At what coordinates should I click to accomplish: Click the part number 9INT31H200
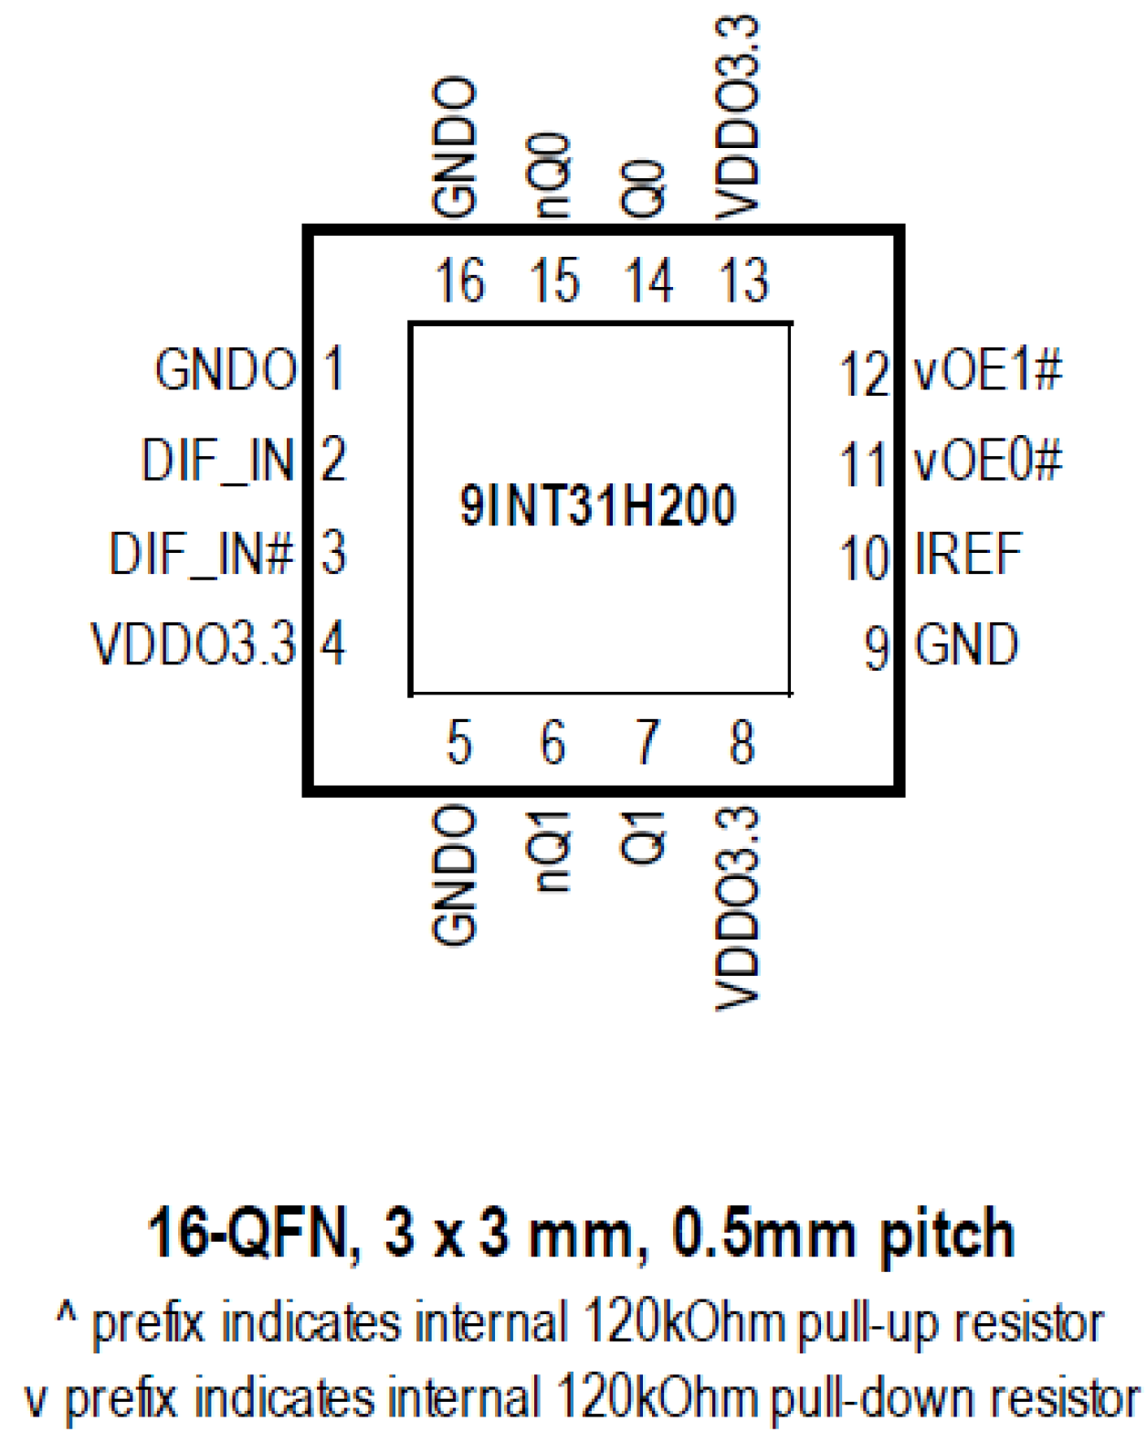click(x=597, y=505)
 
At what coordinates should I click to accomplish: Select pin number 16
click(x=459, y=281)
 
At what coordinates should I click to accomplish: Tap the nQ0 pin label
click(x=552, y=175)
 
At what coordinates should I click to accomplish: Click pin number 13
click(x=743, y=281)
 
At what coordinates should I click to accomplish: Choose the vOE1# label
click(x=988, y=370)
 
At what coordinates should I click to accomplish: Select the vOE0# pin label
click(x=988, y=460)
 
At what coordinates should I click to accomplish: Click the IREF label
click(x=968, y=554)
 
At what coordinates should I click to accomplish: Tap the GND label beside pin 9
click(x=966, y=645)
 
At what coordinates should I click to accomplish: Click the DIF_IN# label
click(x=202, y=554)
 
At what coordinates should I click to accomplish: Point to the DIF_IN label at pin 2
click(x=218, y=460)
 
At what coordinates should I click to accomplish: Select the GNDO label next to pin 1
click(x=226, y=370)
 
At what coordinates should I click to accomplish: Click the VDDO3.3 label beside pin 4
click(x=194, y=644)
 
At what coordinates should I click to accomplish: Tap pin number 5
click(x=458, y=742)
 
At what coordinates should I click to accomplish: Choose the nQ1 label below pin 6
click(x=552, y=851)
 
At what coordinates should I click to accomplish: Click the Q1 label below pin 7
click(x=644, y=837)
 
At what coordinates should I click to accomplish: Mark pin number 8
click(x=742, y=742)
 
